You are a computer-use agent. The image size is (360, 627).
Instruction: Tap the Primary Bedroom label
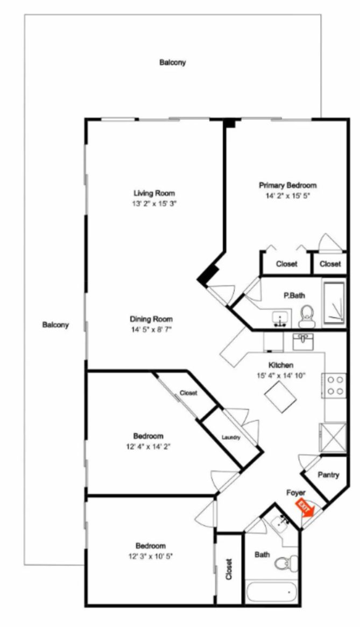click(x=287, y=185)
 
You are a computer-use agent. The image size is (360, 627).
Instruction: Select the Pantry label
click(x=328, y=475)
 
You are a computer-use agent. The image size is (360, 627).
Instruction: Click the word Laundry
click(x=231, y=438)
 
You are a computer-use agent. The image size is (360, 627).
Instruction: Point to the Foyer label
click(x=296, y=492)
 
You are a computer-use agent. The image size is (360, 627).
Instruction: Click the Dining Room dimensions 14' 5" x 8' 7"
click(x=151, y=329)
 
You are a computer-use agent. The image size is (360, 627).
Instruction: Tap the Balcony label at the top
click(x=172, y=62)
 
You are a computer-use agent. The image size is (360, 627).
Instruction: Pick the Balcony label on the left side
click(x=55, y=325)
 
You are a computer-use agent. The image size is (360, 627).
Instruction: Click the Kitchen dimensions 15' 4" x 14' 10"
click(x=281, y=376)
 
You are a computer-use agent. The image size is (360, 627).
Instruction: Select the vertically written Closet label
click(x=229, y=569)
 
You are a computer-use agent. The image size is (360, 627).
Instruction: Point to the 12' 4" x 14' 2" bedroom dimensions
click(x=149, y=446)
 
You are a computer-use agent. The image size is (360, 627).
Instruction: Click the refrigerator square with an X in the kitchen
click(x=333, y=438)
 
